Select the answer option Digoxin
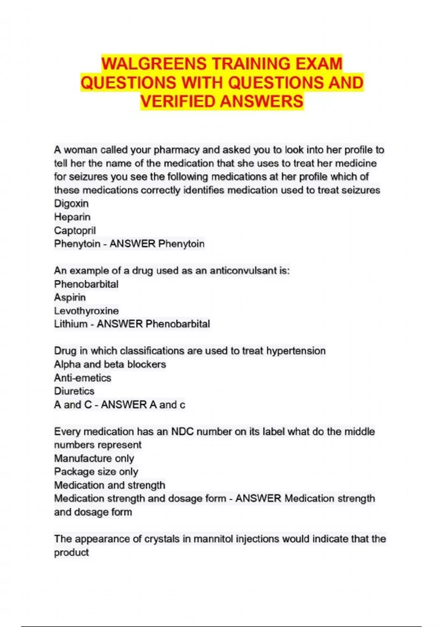tap(71, 204)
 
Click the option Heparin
tap(72, 217)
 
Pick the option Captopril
tap(75, 231)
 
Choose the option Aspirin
tap(70, 297)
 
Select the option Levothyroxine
tap(86, 311)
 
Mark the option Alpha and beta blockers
tap(110, 364)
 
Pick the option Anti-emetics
tap(82, 378)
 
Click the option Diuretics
tap(74, 391)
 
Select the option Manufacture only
tap(94, 458)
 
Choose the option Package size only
tap(96, 472)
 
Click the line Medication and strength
tap(110, 485)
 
